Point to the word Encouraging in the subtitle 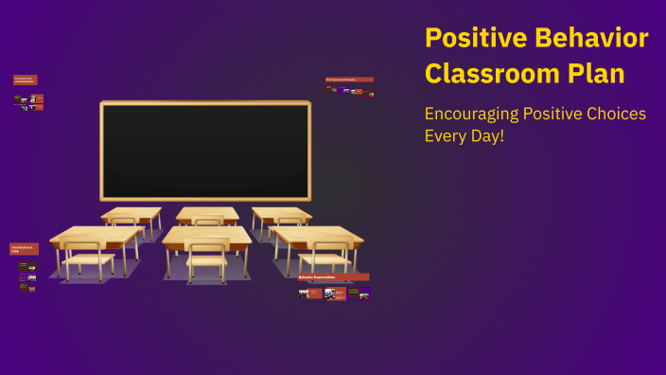point(471,114)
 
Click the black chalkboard point(205,151)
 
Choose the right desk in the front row point(316,237)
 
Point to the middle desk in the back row point(207,214)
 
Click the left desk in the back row point(131,214)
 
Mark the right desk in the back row point(281,214)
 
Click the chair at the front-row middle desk point(207,260)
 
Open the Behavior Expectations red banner point(333,277)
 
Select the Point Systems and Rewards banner point(349,80)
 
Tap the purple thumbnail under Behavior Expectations point(364,294)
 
